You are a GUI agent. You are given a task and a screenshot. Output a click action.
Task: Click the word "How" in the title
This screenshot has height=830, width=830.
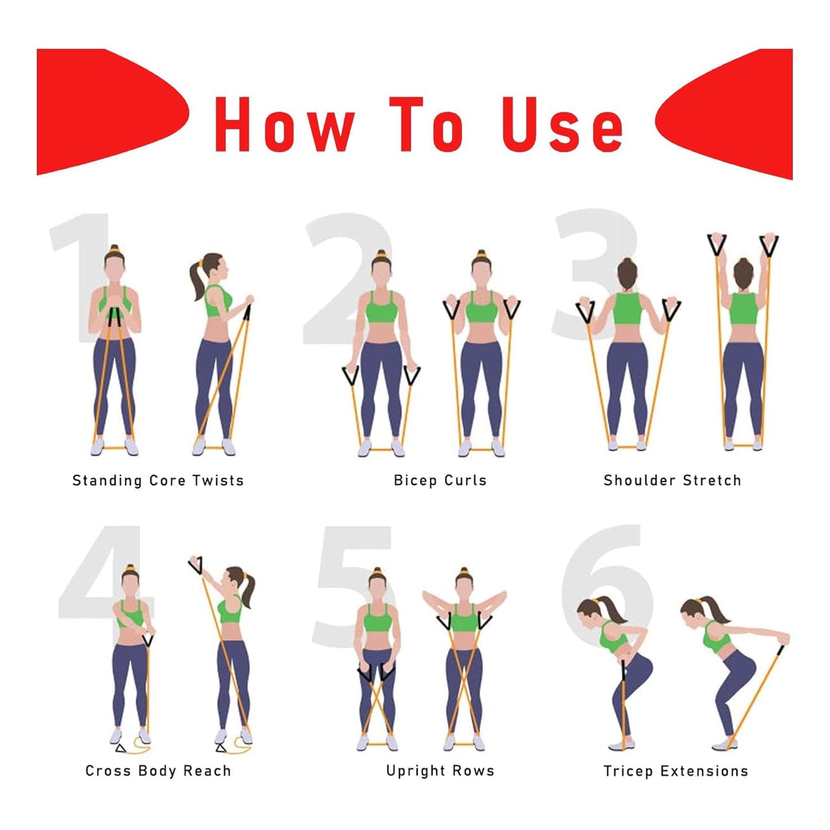pos(284,125)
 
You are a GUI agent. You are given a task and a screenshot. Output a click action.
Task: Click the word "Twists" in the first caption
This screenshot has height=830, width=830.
pos(218,480)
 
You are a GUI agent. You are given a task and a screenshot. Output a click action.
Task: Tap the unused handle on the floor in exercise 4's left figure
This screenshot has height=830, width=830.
pos(120,748)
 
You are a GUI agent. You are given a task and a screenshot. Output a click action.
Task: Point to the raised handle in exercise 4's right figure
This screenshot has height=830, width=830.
pos(196,565)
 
